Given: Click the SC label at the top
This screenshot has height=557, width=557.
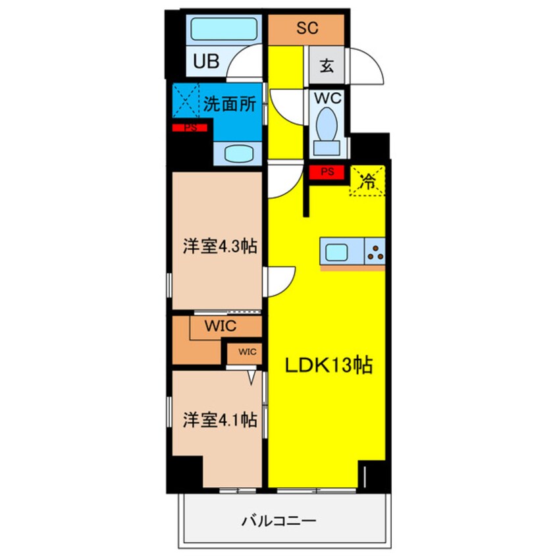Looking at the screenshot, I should (307, 28).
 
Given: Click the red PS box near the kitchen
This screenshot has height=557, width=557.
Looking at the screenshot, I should (327, 172).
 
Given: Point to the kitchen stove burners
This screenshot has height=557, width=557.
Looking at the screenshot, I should (375, 252).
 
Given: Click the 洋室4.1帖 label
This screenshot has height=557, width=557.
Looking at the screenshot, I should (219, 419).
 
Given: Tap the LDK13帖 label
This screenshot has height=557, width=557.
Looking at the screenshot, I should (329, 364).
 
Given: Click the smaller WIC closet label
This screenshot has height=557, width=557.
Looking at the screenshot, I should (247, 351).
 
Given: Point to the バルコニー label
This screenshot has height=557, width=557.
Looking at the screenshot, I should (278, 521).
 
